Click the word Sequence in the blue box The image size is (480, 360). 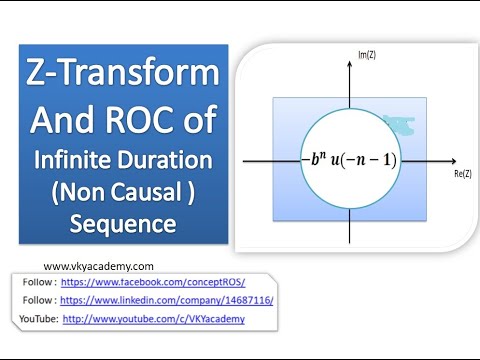(122, 222)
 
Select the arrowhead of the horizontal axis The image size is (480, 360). (453, 160)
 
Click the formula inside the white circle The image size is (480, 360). (349, 160)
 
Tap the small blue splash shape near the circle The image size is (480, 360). (405, 124)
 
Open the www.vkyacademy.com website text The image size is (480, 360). (99, 267)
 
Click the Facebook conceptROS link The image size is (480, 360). (152, 283)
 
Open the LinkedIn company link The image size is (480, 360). (166, 300)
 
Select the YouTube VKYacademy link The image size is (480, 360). (153, 319)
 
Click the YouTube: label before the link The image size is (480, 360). (38, 319)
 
